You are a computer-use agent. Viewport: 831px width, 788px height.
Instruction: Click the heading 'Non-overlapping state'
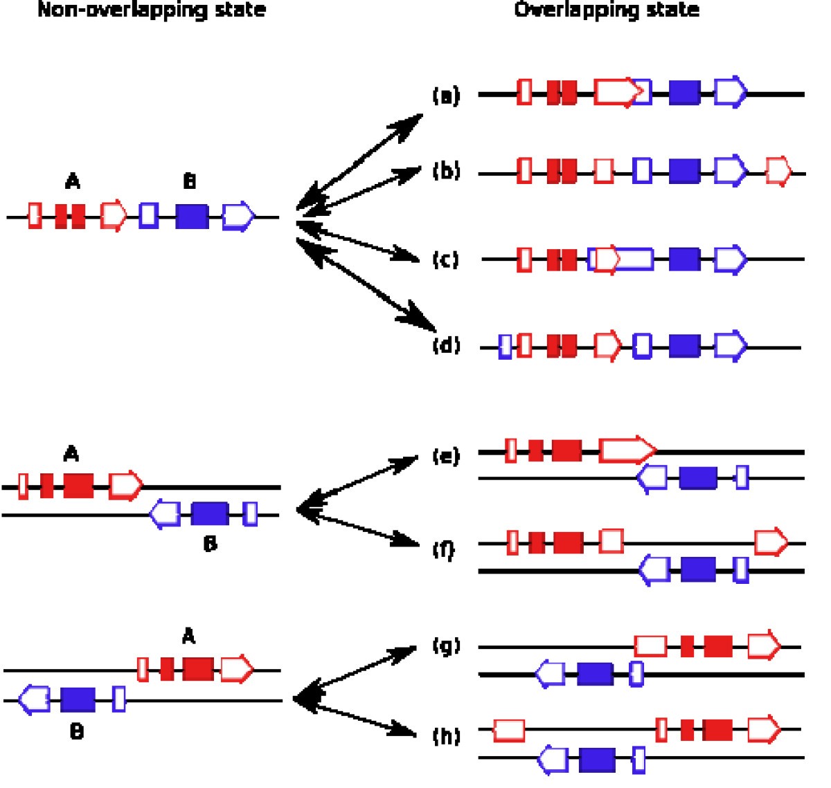151,10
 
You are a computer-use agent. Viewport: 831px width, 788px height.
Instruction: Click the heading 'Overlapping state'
607,10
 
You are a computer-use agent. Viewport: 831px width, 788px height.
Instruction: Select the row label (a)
446,95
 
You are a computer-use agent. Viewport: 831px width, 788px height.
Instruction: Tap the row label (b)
446,171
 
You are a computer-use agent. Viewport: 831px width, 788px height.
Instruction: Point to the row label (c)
445,260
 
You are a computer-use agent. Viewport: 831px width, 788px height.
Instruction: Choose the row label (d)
446,345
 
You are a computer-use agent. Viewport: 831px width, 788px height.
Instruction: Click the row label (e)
446,457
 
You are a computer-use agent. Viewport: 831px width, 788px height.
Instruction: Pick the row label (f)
444,549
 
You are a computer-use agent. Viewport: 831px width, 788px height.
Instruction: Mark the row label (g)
446,646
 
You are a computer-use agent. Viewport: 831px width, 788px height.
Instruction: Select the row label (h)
446,735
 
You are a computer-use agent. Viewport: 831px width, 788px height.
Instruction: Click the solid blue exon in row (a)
684,93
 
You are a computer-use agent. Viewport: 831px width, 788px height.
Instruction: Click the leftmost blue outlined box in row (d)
506,345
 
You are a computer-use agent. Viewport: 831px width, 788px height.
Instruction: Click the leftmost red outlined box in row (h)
509,730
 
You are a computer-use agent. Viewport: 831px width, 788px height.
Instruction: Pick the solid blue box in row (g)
595,674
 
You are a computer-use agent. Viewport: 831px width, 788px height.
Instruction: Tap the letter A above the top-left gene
72,182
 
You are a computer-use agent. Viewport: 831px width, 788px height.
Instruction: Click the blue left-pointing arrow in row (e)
652,478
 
